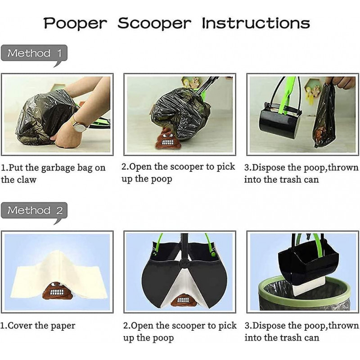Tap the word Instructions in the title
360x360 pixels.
[x=255, y=23]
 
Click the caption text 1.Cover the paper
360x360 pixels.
[x=38, y=326]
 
